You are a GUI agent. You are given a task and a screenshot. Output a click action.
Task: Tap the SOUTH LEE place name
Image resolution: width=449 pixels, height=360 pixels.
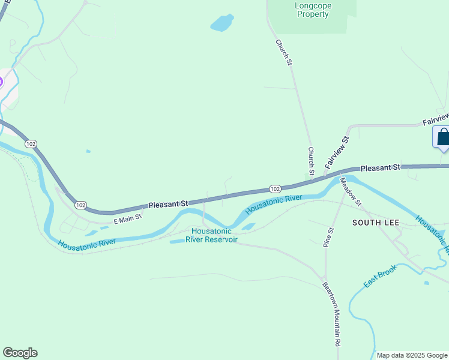(x=376, y=222)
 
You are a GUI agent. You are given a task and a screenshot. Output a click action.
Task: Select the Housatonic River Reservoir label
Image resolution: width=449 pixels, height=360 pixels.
(x=211, y=235)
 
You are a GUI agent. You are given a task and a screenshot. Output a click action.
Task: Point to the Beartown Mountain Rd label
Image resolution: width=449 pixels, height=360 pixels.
(x=331, y=313)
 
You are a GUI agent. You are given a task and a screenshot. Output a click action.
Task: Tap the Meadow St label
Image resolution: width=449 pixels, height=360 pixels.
(x=351, y=191)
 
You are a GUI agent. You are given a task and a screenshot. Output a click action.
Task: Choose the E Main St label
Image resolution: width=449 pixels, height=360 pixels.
(x=127, y=219)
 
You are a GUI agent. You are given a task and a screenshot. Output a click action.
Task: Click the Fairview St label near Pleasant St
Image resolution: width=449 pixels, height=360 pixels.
(x=337, y=152)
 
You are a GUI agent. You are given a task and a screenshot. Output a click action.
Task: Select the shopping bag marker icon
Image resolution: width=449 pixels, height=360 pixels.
(x=443, y=137)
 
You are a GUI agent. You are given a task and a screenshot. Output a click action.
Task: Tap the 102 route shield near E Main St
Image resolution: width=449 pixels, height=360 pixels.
(x=80, y=205)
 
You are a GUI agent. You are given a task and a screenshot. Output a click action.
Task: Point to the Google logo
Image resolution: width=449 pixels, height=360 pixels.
(x=20, y=353)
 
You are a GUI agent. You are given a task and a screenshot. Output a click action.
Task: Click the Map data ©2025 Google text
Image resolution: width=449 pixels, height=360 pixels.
(x=412, y=355)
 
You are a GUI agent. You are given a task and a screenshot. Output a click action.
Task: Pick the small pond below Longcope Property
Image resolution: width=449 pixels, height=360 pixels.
(x=221, y=23)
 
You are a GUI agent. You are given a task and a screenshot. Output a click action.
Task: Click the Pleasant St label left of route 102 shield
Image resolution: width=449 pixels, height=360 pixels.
(x=169, y=204)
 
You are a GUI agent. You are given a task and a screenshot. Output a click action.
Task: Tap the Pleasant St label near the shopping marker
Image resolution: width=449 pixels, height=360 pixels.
(x=380, y=167)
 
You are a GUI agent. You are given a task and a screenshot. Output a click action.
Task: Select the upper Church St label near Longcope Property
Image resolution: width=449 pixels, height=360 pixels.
(x=284, y=52)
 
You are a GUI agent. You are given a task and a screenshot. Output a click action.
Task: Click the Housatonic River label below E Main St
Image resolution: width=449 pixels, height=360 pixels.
(x=87, y=242)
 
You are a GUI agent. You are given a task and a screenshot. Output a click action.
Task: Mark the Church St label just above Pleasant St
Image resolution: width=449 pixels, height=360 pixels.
(x=311, y=161)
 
